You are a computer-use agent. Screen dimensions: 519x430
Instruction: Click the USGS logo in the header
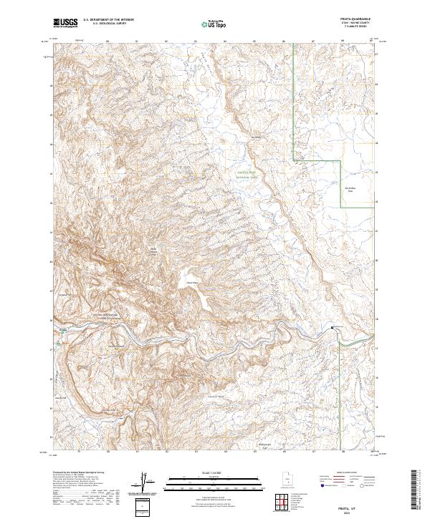tap(65, 23)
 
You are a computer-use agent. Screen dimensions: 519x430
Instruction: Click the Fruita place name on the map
tap(62, 331)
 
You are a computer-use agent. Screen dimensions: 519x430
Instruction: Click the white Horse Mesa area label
tap(192, 283)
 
